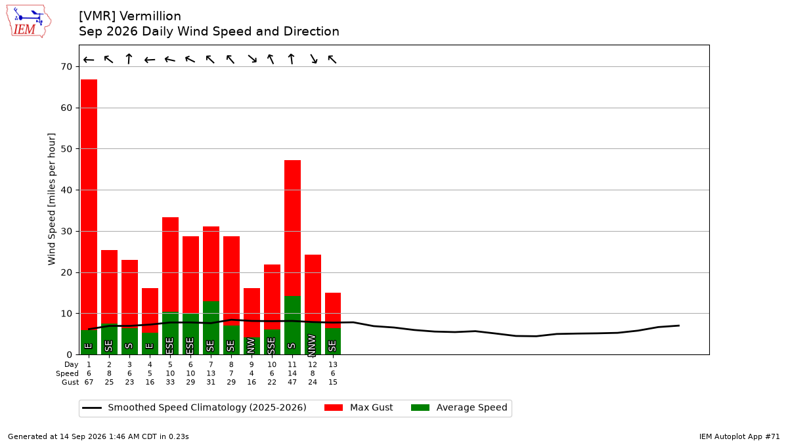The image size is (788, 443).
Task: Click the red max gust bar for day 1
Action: (89, 205)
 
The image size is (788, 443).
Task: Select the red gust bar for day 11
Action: (292, 228)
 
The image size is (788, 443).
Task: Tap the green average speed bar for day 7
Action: (211, 327)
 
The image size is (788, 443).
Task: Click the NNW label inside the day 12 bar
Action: (312, 345)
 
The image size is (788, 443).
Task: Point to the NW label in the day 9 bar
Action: (251, 345)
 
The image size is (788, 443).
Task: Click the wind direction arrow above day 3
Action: (129, 58)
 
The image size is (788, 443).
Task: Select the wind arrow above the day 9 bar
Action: (252, 58)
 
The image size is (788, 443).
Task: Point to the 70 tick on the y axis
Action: (66, 66)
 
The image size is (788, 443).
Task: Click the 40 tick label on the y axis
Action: (66, 190)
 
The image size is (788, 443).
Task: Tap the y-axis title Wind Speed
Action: (52, 199)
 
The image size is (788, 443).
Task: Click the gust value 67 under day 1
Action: (89, 382)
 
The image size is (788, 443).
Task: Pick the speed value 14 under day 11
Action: (292, 373)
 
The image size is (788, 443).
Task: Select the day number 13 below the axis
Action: (333, 365)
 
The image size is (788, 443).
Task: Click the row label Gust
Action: (70, 382)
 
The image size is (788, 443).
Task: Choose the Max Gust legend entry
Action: (359, 408)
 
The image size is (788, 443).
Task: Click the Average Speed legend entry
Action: (459, 408)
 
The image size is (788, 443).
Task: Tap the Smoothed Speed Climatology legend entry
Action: (194, 408)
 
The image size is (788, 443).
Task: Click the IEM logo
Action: (28, 21)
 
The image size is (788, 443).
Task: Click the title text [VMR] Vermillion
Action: (130, 16)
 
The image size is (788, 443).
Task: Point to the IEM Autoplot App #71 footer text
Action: (739, 436)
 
